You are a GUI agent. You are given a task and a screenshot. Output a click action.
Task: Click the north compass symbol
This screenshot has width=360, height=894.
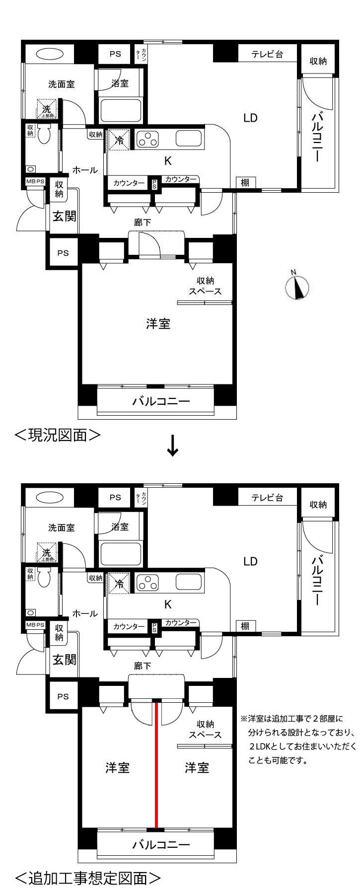click(x=297, y=287)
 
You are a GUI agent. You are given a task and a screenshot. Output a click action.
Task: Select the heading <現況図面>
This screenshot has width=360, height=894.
click(x=58, y=435)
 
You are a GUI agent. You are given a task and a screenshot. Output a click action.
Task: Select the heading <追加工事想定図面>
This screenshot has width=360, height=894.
click(x=88, y=878)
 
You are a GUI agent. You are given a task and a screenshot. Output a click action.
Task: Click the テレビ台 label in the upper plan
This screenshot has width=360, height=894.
click(x=267, y=54)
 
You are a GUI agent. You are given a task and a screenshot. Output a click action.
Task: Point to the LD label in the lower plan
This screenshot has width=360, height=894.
click(x=250, y=562)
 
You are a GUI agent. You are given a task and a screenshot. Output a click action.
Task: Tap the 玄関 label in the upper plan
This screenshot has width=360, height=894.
click(x=65, y=216)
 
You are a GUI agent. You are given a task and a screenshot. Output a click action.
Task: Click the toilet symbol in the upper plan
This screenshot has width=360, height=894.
click(x=44, y=134)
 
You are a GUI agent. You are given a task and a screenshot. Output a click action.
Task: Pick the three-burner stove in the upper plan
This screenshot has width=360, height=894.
click(x=147, y=139)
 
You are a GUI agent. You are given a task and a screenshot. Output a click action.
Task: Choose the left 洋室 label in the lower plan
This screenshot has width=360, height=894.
click(x=117, y=768)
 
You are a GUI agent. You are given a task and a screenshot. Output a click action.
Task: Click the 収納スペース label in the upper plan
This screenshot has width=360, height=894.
click(x=205, y=286)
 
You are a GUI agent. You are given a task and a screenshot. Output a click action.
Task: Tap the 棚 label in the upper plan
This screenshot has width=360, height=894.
click(x=245, y=183)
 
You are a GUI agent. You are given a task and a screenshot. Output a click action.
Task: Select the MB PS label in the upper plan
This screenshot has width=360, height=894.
click(x=35, y=182)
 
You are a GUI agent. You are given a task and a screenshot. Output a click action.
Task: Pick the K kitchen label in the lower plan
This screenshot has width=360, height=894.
click(x=168, y=604)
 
